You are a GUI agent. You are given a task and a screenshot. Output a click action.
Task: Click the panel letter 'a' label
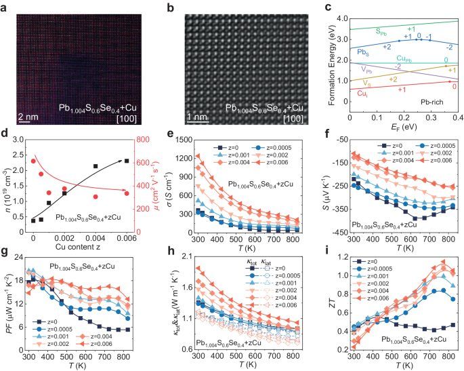(x=5, y=5)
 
